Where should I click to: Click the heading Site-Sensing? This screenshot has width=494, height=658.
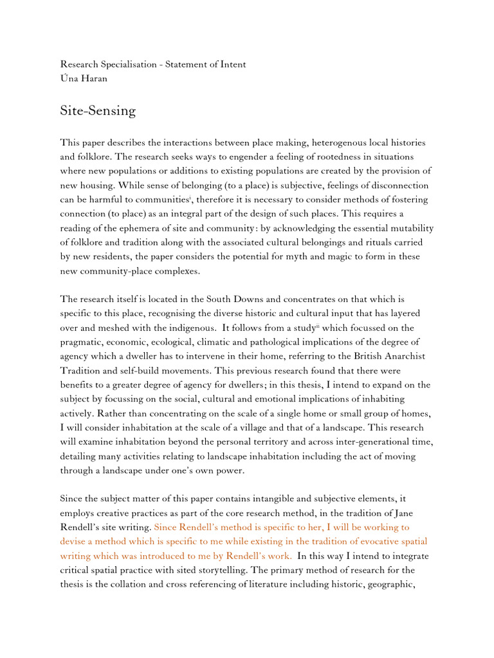click(x=98, y=111)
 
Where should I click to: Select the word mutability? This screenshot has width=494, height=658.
click(x=409, y=228)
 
